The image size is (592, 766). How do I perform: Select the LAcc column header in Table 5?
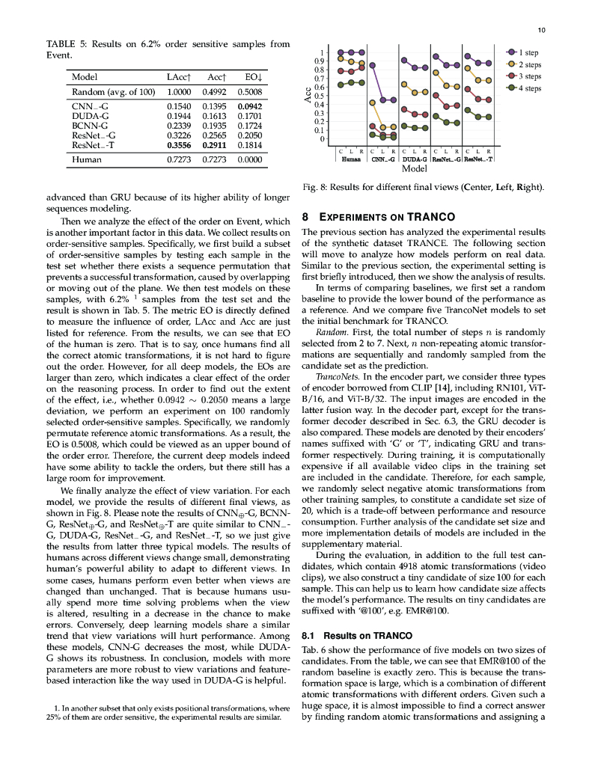pos(180,77)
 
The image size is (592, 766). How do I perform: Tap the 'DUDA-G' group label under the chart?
pos(415,159)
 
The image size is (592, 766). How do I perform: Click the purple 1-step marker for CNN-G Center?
pos(372,65)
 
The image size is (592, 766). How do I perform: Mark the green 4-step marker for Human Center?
pos(341,84)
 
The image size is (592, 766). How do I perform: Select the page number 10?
pos(542,30)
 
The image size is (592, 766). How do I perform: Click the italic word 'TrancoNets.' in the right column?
pos(336,378)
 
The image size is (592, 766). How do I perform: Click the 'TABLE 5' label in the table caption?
pos(66,44)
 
